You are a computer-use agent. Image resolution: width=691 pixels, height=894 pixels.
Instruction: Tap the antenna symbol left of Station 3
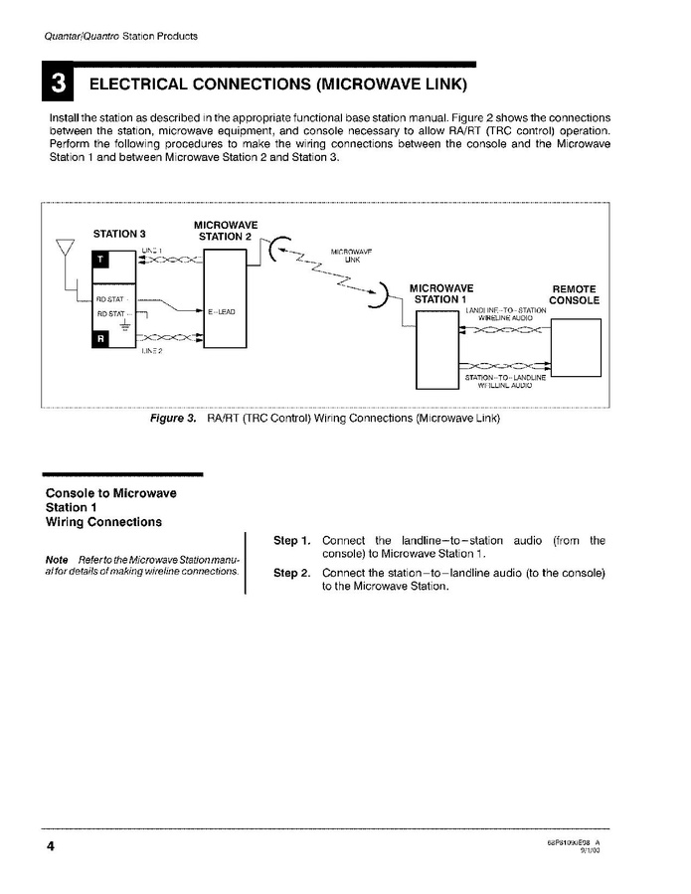pyautogui.click(x=66, y=250)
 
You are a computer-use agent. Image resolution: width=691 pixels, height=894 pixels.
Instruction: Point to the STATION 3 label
pyautogui.click(x=120, y=234)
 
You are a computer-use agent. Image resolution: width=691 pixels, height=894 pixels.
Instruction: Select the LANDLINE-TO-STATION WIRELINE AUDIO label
pyautogui.click(x=505, y=314)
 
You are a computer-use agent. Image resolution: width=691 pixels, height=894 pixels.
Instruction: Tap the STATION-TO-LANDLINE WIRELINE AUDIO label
pyautogui.click(x=505, y=381)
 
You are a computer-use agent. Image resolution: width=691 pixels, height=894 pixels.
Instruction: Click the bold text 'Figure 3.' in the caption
pyautogui.click(x=173, y=419)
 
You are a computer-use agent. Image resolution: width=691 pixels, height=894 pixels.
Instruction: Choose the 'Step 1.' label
pyautogui.click(x=292, y=541)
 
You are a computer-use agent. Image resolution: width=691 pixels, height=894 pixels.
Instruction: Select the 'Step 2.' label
pyautogui.click(x=292, y=574)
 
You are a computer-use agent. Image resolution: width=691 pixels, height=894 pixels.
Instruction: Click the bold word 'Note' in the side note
pyautogui.click(x=57, y=560)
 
